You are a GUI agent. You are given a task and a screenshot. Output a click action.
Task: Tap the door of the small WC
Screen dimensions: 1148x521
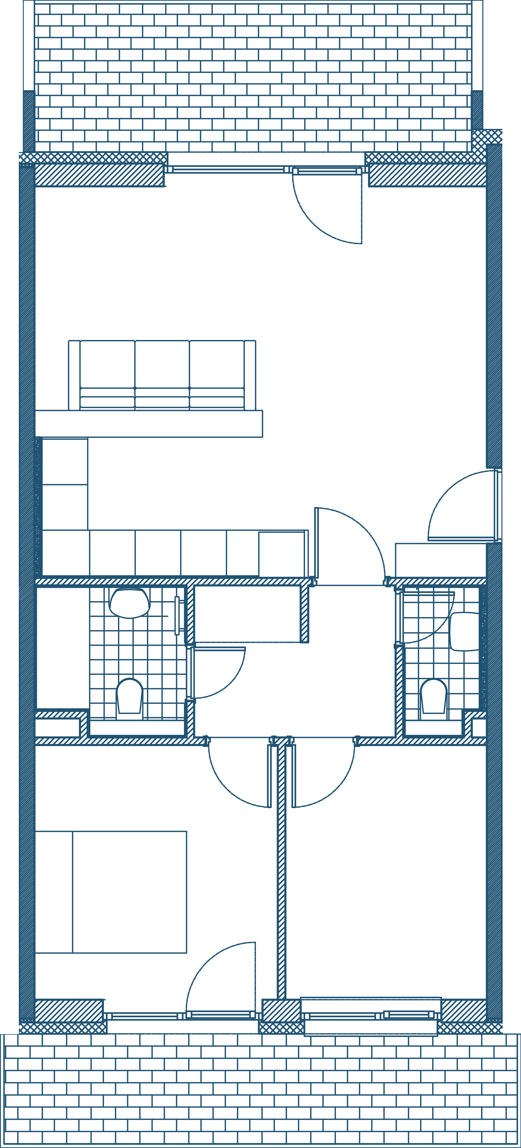(x=428, y=617)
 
